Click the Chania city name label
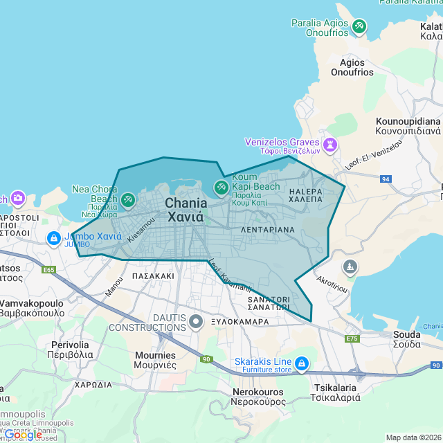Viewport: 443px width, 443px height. click(x=186, y=209)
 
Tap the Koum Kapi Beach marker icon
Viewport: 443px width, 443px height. click(x=221, y=188)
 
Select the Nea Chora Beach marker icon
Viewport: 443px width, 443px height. click(x=128, y=201)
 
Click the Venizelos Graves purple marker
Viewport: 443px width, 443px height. click(x=329, y=143)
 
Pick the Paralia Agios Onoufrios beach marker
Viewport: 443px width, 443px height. click(x=359, y=27)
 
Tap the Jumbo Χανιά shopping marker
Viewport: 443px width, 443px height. click(x=54, y=238)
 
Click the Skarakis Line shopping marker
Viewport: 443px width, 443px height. click(x=301, y=363)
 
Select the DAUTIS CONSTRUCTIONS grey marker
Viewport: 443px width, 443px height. click(x=197, y=320)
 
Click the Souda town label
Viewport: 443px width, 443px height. click(x=406, y=338)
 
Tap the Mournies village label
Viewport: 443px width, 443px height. click(x=155, y=359)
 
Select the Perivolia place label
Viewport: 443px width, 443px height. click(x=70, y=349)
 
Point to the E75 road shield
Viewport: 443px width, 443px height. click(x=352, y=338)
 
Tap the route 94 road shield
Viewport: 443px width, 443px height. click(x=386, y=179)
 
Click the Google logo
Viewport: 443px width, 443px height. click(x=23, y=435)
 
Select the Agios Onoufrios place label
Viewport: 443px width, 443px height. click(x=352, y=66)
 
